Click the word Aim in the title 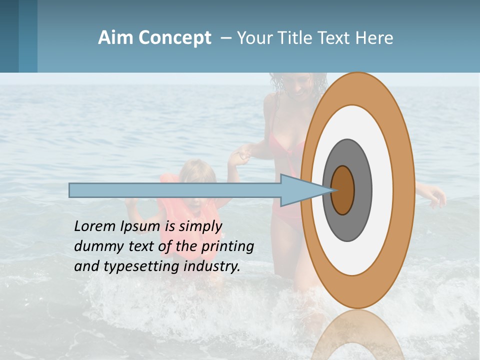[116, 38]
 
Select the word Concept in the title [175, 38]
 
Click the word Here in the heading [374, 38]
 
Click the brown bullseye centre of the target [342, 190]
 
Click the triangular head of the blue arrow [300, 190]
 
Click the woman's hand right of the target [436, 196]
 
